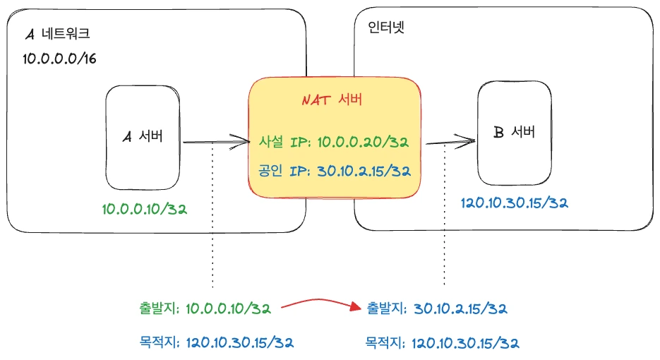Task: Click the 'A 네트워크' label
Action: [58, 33]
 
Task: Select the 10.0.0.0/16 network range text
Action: [59, 59]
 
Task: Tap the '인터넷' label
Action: [386, 28]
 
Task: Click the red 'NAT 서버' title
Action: [332, 100]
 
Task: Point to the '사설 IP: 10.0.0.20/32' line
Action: [333, 142]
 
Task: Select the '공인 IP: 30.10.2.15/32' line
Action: [334, 171]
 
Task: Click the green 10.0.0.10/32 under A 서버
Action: [145, 209]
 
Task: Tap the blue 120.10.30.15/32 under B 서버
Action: [515, 203]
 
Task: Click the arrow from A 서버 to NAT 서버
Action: [216, 142]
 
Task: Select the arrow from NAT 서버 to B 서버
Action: [450, 143]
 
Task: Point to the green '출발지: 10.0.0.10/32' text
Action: [205, 308]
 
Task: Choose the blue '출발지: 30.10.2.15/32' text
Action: [437, 308]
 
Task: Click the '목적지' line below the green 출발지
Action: [216, 342]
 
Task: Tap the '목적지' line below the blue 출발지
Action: [442, 343]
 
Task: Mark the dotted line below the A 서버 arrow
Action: [212, 215]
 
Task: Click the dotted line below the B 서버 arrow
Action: [445, 215]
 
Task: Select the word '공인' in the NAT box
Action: [270, 171]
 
